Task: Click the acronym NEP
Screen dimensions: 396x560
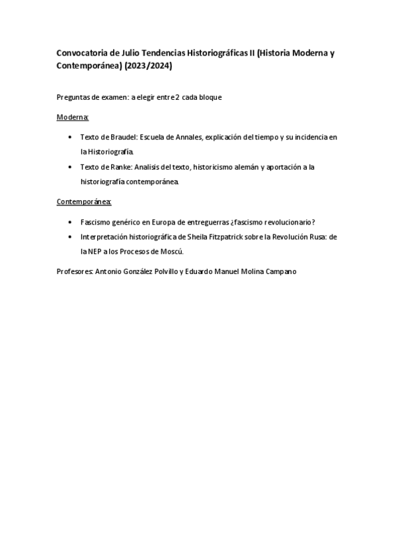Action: click(x=97, y=252)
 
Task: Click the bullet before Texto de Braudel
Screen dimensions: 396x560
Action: click(x=71, y=137)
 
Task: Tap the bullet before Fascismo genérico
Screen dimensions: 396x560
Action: click(x=71, y=223)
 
